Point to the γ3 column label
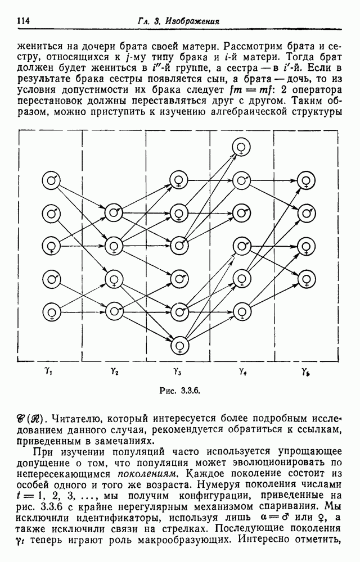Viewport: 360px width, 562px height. [x=177, y=371]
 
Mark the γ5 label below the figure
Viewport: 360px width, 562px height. [x=306, y=371]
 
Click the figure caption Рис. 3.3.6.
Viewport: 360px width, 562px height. [x=179, y=391]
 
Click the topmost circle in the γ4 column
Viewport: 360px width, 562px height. [x=241, y=147]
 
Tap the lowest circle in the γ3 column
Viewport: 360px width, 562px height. [x=179, y=345]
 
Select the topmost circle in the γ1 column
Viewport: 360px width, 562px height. [x=51, y=180]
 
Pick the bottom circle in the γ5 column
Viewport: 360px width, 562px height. [x=307, y=279]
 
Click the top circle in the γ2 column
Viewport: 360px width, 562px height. [x=114, y=213]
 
